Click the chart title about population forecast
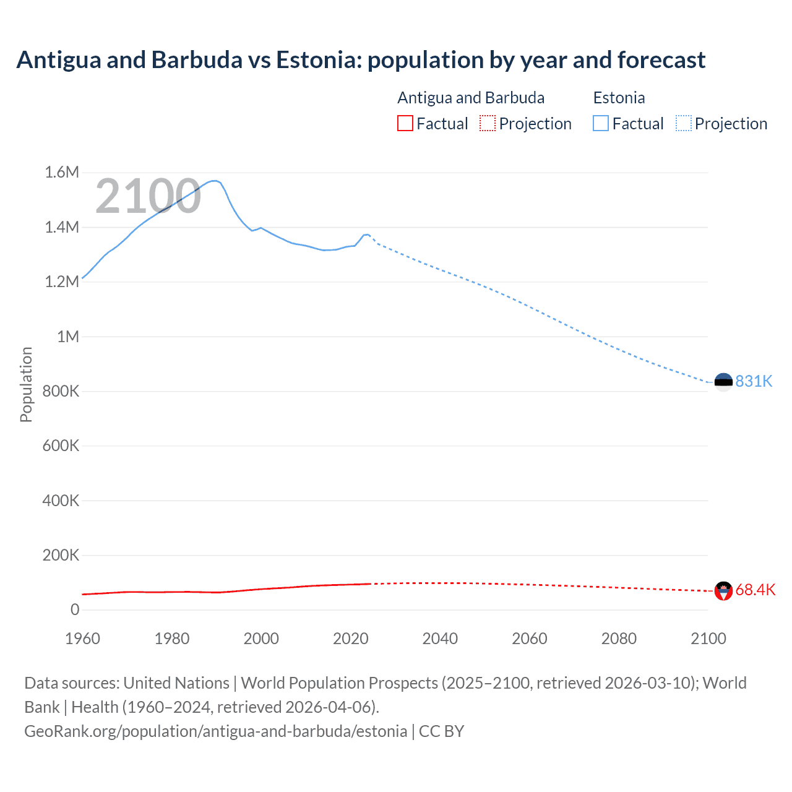tap(361, 60)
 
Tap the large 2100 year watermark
tap(148, 196)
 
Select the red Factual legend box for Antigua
tap(405, 124)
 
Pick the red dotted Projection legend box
tap(488, 124)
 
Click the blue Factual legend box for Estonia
tap(601, 124)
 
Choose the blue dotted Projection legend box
tap(683, 124)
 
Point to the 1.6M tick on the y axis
tap(62, 172)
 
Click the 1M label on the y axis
tap(68, 337)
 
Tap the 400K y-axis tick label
tap(61, 501)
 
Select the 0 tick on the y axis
tap(75, 609)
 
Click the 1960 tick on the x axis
tap(82, 639)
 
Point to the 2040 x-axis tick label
tap(440, 639)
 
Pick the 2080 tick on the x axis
tap(619, 639)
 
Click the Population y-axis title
tap(26, 384)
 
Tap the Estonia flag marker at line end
tap(723, 382)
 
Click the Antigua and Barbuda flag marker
tap(723, 591)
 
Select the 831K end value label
tap(754, 381)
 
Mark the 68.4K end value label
tap(755, 590)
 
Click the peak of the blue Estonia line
tap(214, 181)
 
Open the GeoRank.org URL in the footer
tap(215, 731)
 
